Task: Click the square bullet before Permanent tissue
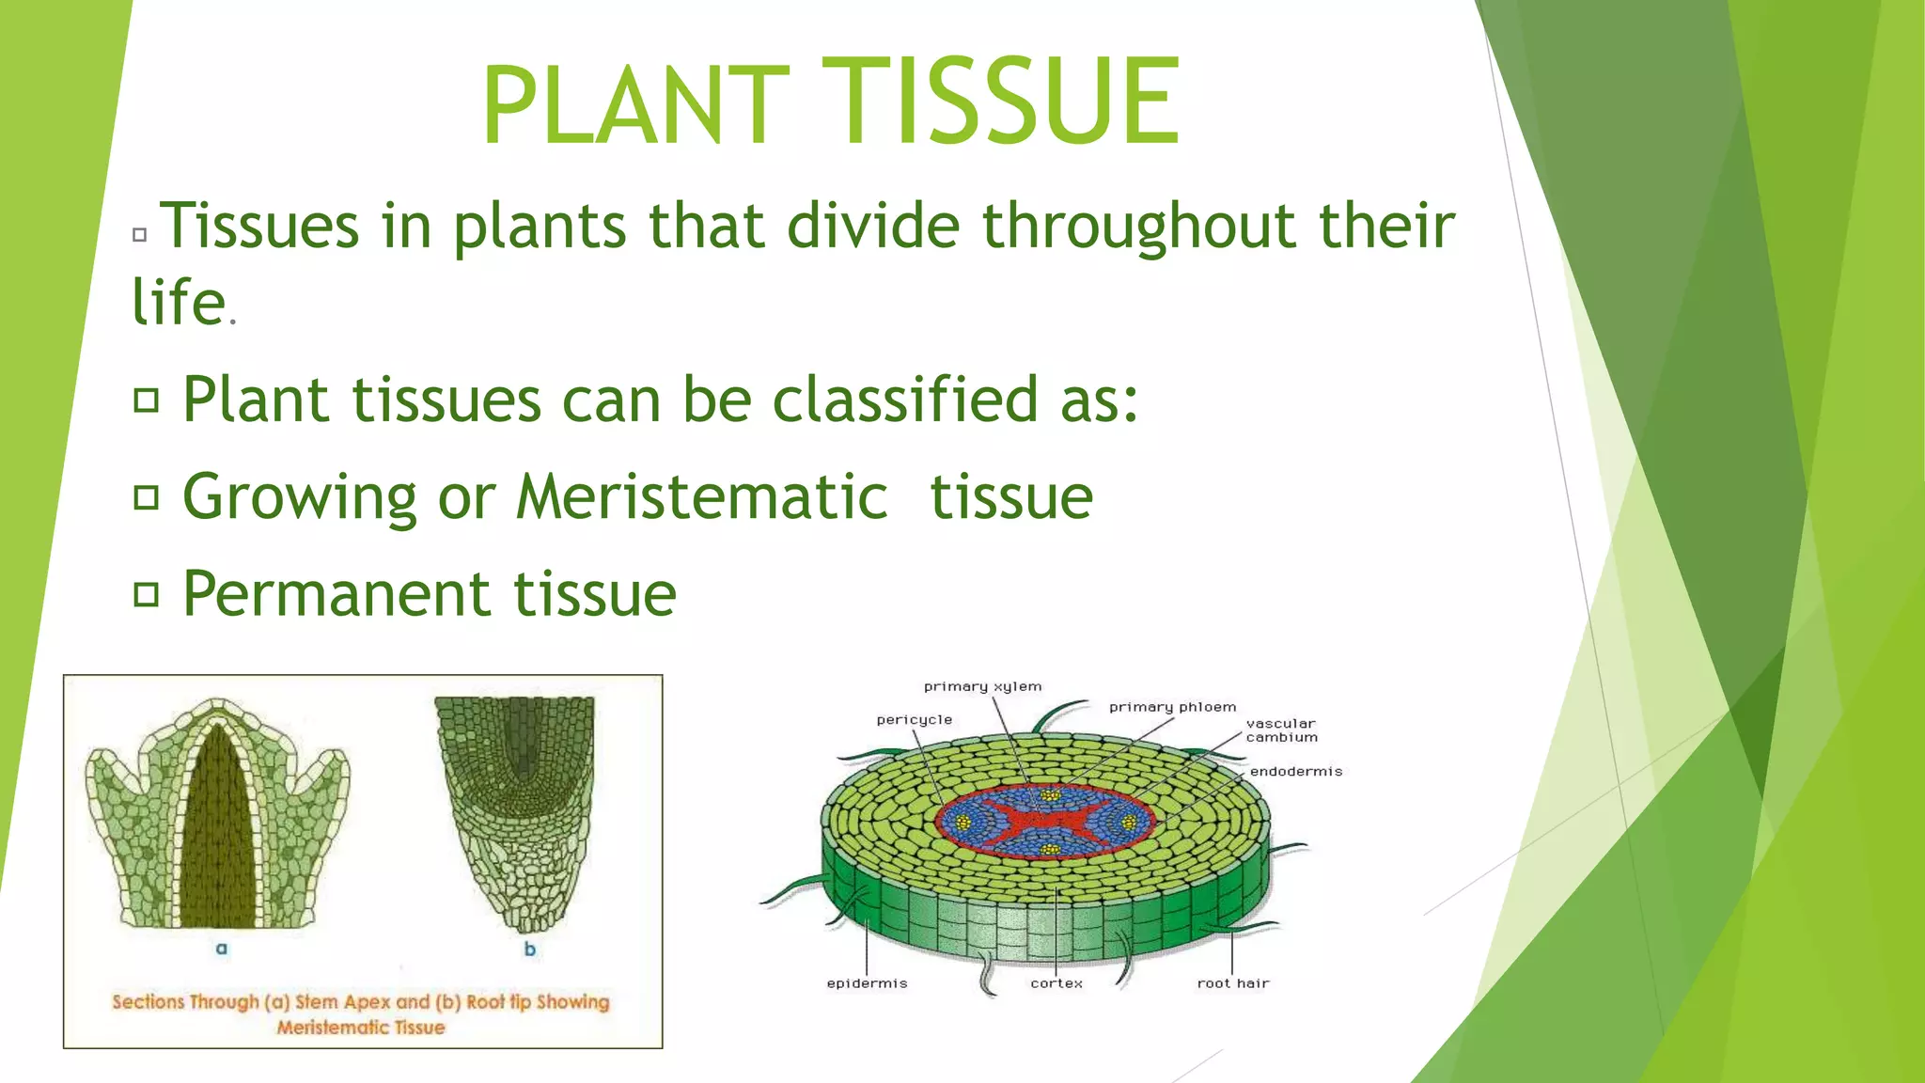click(x=146, y=594)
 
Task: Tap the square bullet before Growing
click(x=146, y=496)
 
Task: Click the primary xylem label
click(x=982, y=687)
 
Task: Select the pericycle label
click(x=914, y=720)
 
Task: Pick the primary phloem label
click(x=1172, y=707)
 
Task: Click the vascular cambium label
click(x=1281, y=730)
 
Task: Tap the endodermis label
click(x=1295, y=772)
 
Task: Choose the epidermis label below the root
click(x=867, y=983)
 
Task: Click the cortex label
click(x=1056, y=983)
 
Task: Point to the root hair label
click(x=1232, y=983)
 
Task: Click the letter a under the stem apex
click(x=222, y=949)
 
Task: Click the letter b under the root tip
click(x=530, y=950)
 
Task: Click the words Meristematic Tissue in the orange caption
click(x=361, y=1028)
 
